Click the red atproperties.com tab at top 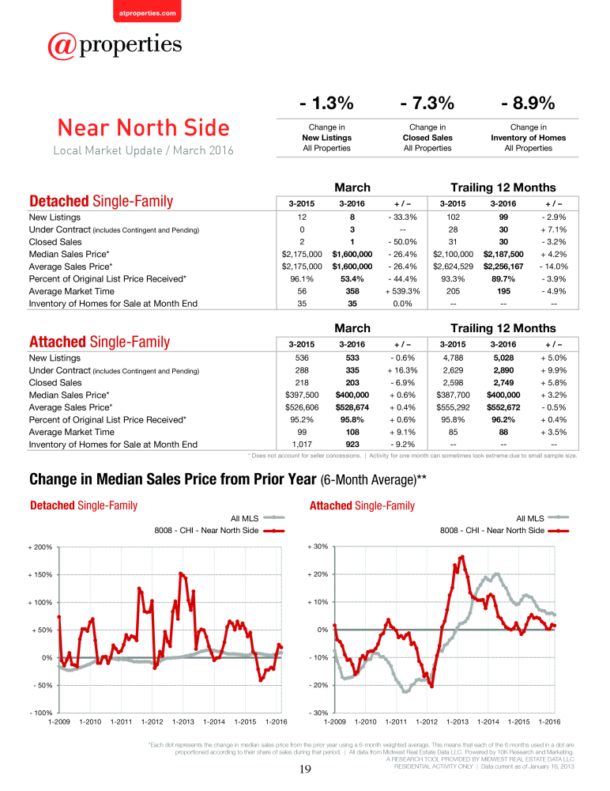[x=147, y=11]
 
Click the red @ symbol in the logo [x=62, y=47]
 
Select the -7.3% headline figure [x=427, y=104]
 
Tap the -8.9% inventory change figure [x=529, y=104]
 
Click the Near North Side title [x=144, y=127]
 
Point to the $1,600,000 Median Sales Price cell [x=352, y=254]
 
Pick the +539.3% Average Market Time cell [x=403, y=291]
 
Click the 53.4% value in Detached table [x=352, y=279]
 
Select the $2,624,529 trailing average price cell [x=454, y=267]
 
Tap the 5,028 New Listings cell [x=503, y=358]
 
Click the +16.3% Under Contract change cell [x=403, y=370]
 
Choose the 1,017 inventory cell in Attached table [x=302, y=445]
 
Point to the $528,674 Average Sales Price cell [x=352, y=407]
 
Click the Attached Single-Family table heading [x=100, y=342]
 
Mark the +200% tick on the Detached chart [x=40, y=547]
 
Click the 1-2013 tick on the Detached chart [x=183, y=722]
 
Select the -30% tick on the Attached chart [x=318, y=713]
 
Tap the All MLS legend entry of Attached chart [x=543, y=518]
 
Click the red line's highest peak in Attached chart [x=462, y=557]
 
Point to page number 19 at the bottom [x=305, y=769]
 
